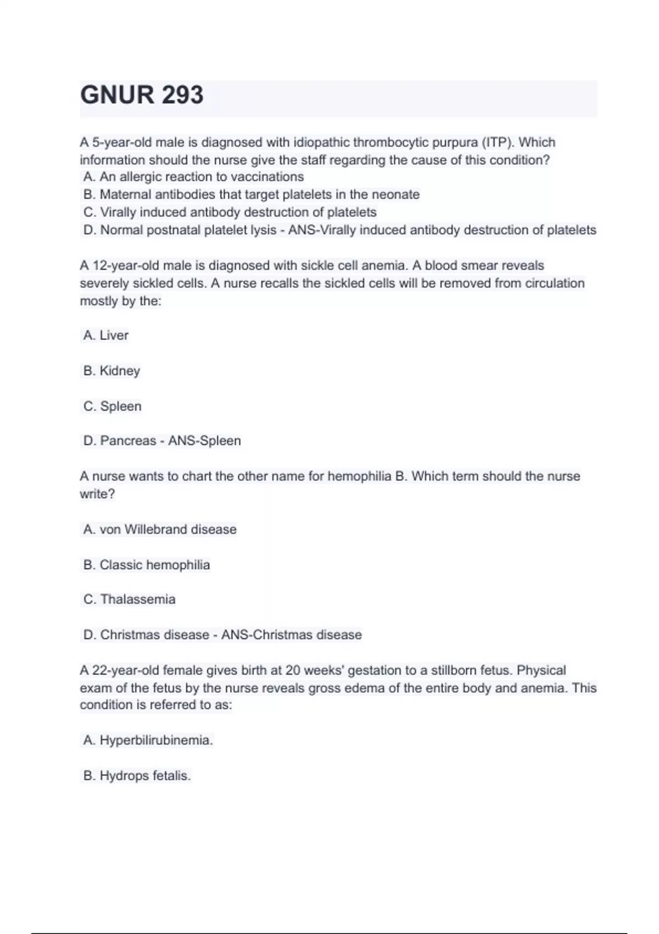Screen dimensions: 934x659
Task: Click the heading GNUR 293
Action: point(142,95)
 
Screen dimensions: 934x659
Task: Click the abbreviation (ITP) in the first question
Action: point(498,142)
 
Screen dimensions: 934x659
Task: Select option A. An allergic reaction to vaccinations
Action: point(193,177)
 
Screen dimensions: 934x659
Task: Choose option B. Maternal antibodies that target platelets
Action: point(251,194)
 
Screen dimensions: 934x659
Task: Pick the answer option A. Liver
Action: point(106,335)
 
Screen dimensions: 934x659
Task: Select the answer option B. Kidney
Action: point(111,371)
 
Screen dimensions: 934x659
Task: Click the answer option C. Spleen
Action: point(112,406)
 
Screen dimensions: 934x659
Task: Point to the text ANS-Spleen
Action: point(204,441)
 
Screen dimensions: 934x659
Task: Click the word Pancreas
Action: point(128,441)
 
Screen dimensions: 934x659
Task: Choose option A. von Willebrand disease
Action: point(160,529)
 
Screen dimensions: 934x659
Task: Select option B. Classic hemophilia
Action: point(147,565)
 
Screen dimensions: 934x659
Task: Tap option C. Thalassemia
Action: point(129,599)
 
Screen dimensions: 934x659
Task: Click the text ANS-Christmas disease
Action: point(291,635)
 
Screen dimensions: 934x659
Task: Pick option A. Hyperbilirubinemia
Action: point(148,740)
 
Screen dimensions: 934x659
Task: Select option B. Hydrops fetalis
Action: point(137,776)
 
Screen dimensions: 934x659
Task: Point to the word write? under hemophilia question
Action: point(97,494)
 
